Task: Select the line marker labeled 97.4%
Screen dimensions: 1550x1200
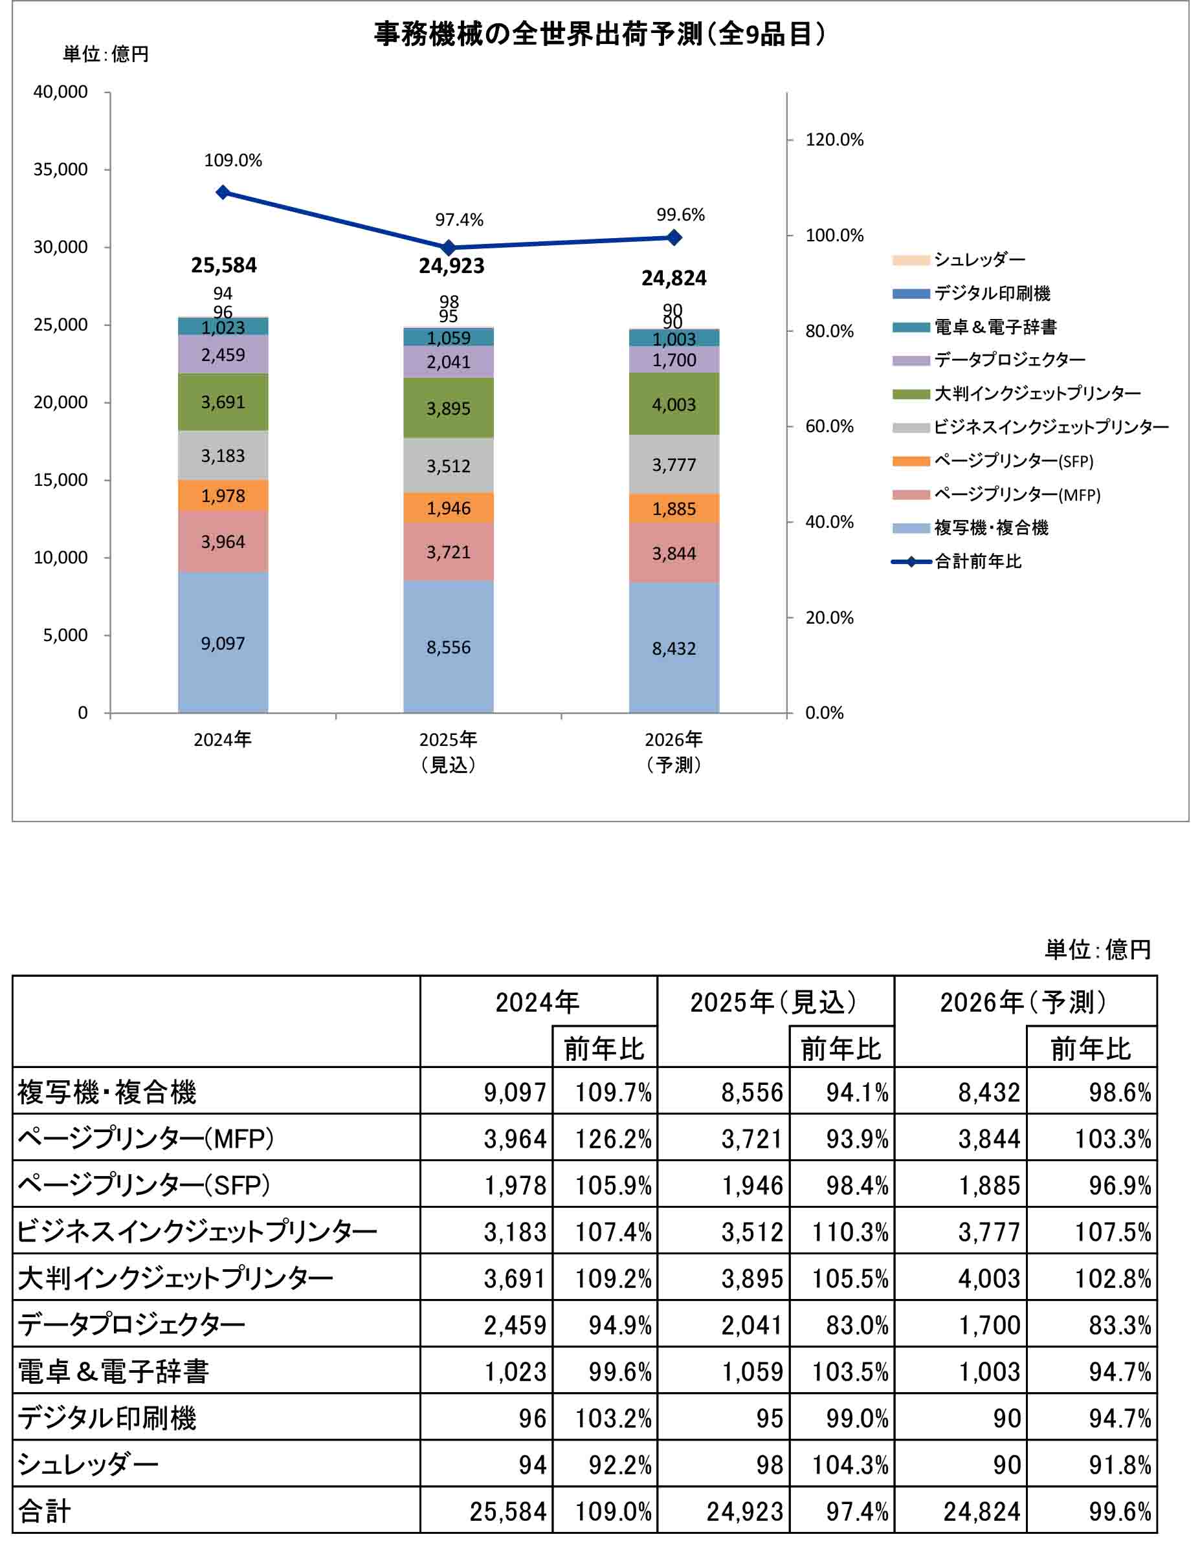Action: [449, 248]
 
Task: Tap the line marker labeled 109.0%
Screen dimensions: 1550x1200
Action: [223, 192]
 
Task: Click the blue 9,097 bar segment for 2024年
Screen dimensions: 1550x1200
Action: [223, 642]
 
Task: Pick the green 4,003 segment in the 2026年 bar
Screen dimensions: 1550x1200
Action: [674, 404]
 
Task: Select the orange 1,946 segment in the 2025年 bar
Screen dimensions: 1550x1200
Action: [449, 508]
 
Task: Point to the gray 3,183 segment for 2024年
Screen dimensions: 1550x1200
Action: [223, 455]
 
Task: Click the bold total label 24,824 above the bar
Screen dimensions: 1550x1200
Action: [674, 278]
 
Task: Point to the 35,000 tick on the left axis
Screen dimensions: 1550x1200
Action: [61, 169]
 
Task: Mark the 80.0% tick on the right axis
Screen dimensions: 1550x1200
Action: [828, 331]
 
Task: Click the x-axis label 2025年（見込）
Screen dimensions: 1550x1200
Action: [449, 752]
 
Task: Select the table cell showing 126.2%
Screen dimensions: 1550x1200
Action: [613, 1139]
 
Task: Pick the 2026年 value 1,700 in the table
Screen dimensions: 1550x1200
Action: [989, 1325]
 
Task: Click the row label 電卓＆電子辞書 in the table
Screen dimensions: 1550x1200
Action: [114, 1372]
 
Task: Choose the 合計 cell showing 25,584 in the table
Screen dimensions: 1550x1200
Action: [507, 1512]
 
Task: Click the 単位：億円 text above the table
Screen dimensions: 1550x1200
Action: [1097, 950]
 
